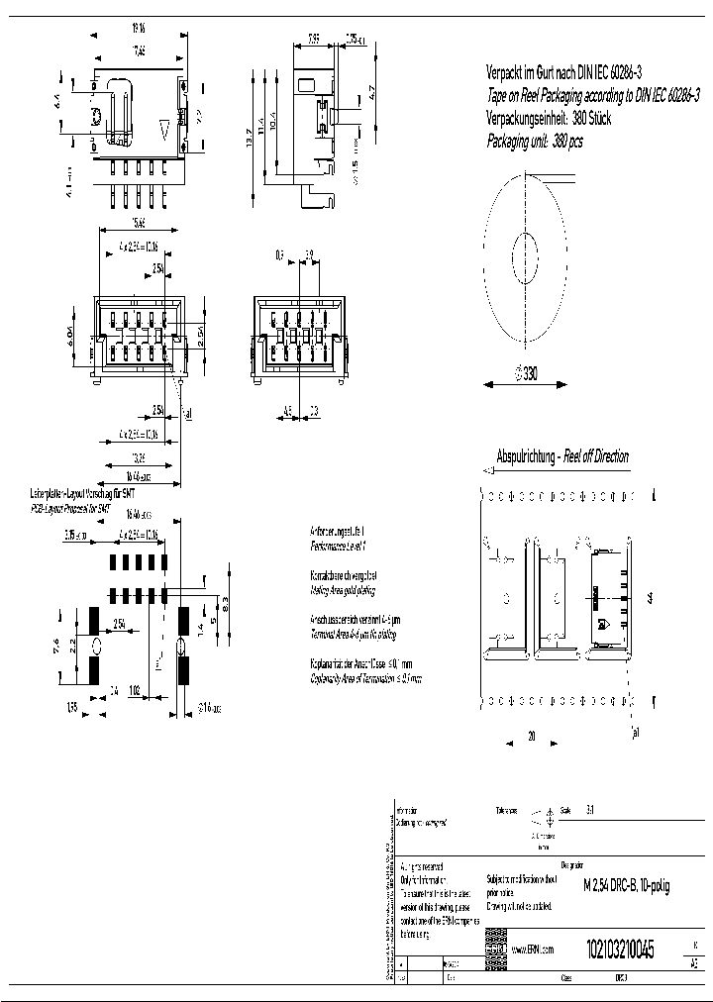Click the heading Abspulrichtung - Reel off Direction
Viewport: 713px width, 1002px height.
(561, 456)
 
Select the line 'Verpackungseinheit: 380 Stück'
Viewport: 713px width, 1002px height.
(549, 118)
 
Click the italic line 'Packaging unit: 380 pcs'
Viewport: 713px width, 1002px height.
(535, 141)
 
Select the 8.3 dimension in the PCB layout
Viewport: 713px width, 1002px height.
(228, 601)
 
